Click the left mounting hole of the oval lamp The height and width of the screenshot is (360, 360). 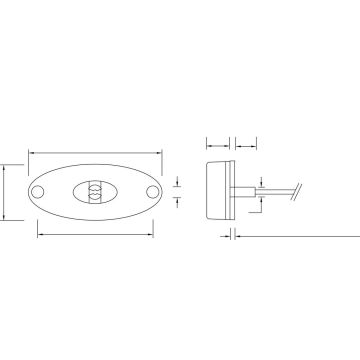[x=39, y=190]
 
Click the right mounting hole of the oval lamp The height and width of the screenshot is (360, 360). [x=152, y=190]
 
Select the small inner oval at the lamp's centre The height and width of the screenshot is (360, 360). [x=95, y=190]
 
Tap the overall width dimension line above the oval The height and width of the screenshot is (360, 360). [x=95, y=153]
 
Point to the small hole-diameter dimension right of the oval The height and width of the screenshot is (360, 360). [x=176, y=190]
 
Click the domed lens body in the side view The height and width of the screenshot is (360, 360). [x=215, y=187]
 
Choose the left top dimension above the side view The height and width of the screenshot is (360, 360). [x=218, y=141]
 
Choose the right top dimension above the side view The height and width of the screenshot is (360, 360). [x=244, y=141]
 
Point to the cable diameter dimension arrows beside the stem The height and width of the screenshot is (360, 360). [x=259, y=190]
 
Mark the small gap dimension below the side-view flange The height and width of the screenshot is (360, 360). [x=232, y=236]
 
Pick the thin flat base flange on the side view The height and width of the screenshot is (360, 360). [x=232, y=187]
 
